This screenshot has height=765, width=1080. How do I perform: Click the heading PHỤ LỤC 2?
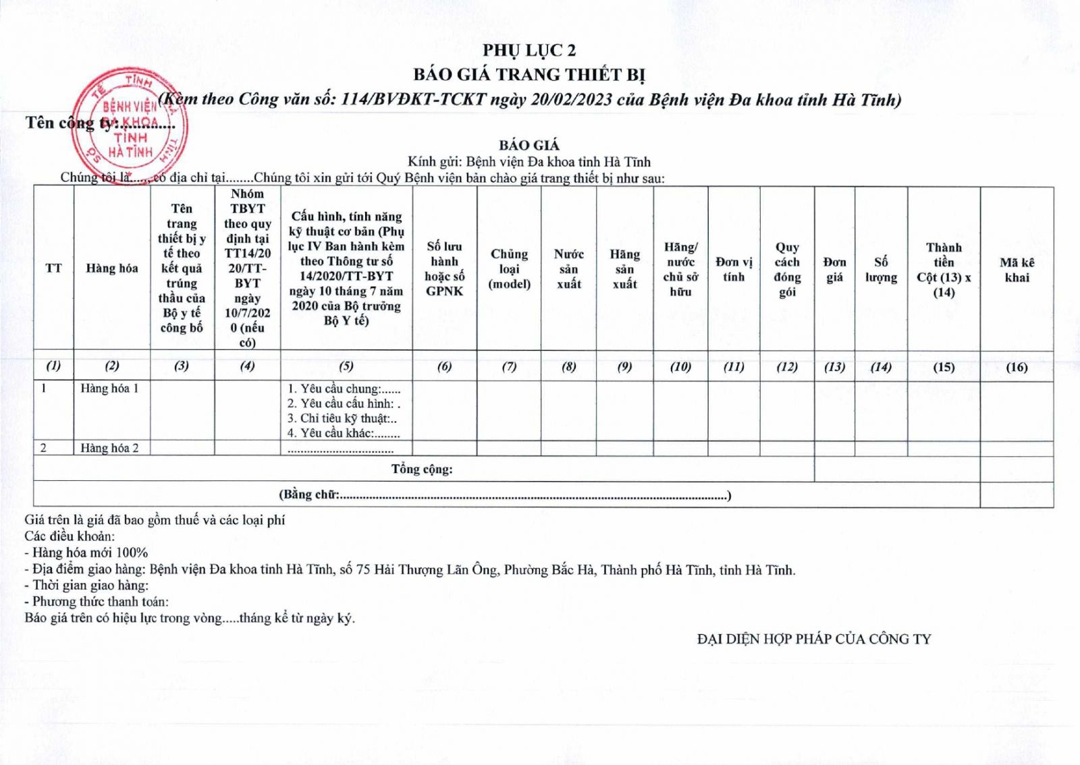[x=529, y=51]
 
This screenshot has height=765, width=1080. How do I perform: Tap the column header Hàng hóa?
[x=111, y=268]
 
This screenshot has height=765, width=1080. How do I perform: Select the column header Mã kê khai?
[x=1017, y=270]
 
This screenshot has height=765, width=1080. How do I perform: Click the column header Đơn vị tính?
[x=734, y=269]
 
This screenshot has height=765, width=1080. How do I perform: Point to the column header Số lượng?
[x=881, y=269]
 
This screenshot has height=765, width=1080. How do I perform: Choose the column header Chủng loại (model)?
[x=509, y=268]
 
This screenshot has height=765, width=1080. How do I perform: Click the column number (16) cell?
[x=1017, y=367]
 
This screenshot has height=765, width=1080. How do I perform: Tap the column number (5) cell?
[x=346, y=366]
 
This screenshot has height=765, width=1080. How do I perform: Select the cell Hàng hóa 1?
[x=109, y=389]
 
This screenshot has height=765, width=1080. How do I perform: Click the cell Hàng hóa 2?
[x=109, y=448]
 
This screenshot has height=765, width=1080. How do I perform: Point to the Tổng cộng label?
[x=422, y=469]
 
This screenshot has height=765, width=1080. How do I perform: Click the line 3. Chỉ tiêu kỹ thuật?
[x=342, y=418]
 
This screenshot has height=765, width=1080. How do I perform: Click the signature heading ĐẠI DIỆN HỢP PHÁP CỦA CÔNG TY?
[x=814, y=639]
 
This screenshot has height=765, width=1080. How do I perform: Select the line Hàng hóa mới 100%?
[x=86, y=552]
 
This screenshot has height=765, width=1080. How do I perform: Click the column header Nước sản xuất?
[x=568, y=268]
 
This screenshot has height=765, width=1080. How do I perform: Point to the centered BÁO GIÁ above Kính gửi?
[x=529, y=145]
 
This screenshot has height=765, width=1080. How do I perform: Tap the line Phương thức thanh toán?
[x=97, y=601]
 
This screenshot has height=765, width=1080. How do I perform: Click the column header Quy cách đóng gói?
[x=787, y=269]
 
